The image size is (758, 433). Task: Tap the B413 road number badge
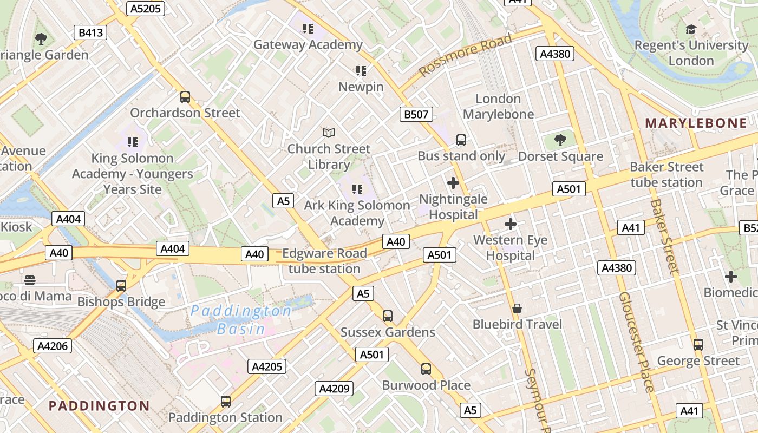click(x=90, y=33)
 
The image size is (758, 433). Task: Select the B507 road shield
click(x=416, y=114)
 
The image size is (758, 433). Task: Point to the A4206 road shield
click(x=53, y=346)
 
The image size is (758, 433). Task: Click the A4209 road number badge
click(x=335, y=389)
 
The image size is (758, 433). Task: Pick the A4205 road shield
click(x=267, y=366)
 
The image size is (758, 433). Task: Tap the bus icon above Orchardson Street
click(x=185, y=97)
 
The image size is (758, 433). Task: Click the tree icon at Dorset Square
click(x=560, y=141)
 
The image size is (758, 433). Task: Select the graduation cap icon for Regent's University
click(x=691, y=29)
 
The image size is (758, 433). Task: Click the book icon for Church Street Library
click(x=329, y=133)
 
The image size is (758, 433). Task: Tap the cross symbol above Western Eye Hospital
click(x=510, y=224)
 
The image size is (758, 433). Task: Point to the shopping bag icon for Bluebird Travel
click(x=517, y=309)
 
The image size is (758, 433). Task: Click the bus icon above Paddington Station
click(x=226, y=402)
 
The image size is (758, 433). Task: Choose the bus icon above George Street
click(x=698, y=344)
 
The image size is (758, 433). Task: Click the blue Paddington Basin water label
click(x=241, y=319)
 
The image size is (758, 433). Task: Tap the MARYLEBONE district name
click(x=696, y=123)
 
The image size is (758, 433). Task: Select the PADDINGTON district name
click(x=99, y=406)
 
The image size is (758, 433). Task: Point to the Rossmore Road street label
click(x=466, y=55)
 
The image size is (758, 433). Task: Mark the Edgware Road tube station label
click(x=324, y=261)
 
